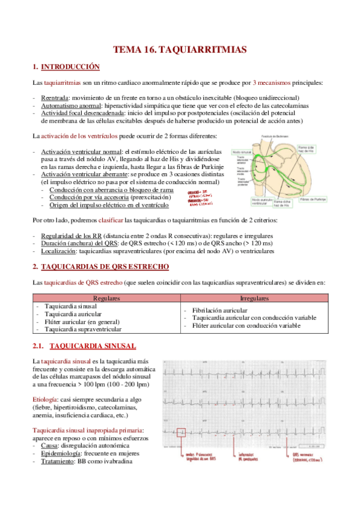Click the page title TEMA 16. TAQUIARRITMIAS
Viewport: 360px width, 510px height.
180,51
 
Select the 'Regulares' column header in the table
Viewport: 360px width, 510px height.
107,298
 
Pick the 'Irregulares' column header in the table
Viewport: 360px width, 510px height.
254,298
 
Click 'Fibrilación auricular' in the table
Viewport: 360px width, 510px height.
215,310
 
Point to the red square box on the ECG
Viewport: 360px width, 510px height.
182,432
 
